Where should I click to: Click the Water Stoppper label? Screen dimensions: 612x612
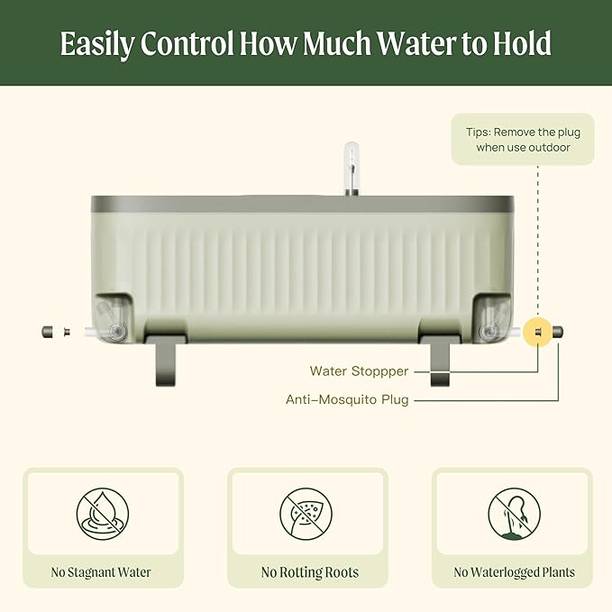359,371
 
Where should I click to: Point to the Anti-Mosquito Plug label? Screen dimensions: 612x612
347,399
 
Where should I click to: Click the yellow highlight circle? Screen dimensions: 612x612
537,333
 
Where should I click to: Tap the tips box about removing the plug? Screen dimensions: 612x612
523,140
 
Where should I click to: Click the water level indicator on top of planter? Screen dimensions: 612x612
352,169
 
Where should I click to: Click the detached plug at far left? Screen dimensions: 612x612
48,333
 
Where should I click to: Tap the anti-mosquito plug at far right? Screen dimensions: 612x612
558,333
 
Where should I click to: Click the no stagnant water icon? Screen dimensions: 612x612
103,514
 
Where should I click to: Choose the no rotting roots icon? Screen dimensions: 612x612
306,514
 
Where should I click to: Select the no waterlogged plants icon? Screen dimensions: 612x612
515,514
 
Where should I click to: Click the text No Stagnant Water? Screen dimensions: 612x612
101,572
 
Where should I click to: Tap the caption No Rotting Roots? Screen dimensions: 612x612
310,572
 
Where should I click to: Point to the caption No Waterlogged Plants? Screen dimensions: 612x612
514,572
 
